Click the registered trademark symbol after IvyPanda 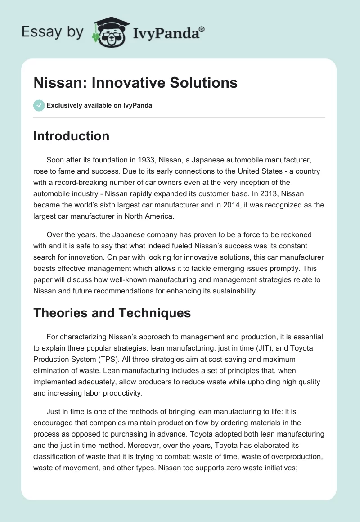tap(202, 29)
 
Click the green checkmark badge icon tap(39, 105)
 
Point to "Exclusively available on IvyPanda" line tap(99, 105)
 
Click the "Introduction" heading tap(71, 136)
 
